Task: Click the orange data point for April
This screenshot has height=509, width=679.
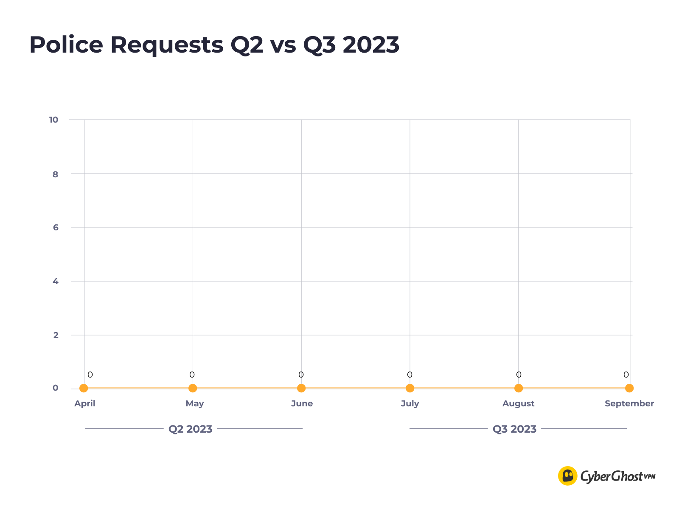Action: coord(84,388)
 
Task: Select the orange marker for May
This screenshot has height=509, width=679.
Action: coord(193,388)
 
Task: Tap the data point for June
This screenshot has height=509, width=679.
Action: coord(301,388)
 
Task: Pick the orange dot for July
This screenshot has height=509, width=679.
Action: coord(410,388)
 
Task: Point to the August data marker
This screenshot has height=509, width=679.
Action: coord(519,388)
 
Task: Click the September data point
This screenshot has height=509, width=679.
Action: coord(629,388)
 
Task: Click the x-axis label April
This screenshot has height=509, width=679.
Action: coord(85,403)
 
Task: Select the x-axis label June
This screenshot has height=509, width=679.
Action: coord(302,403)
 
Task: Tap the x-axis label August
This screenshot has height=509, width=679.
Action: coord(518,403)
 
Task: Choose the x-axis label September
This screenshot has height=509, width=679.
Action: coord(629,403)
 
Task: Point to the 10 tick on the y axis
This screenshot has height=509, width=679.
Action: coord(53,120)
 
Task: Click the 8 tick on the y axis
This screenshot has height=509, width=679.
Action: coord(56,174)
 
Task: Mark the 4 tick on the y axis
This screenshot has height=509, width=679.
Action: coord(56,281)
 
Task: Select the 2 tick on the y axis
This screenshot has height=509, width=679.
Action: coord(56,335)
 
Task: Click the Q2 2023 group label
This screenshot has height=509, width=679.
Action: coord(190,429)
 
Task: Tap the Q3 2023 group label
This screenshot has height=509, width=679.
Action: coord(514,429)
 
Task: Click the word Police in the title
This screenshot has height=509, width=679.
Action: coord(66,45)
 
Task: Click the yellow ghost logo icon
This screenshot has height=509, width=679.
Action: coord(567,476)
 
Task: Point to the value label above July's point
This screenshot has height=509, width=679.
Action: coord(410,375)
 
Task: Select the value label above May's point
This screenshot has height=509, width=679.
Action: coord(192,375)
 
